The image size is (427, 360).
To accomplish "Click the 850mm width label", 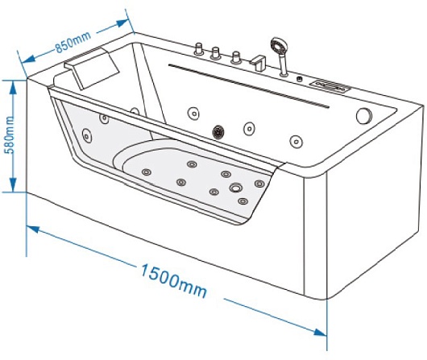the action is pyautogui.click(x=73, y=42).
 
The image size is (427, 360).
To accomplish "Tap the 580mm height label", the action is pyautogui.click(x=10, y=135).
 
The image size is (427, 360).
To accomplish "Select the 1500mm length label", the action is pyautogui.click(x=173, y=280).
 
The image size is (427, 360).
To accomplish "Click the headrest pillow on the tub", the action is pyautogui.click(x=92, y=68).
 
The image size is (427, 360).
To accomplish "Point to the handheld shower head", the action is pyautogui.click(x=278, y=46).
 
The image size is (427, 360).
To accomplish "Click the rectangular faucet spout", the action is pyautogui.click(x=258, y=63).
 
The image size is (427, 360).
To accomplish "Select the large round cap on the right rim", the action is pyautogui.click(x=364, y=116).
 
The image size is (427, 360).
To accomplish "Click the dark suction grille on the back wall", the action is pyautogui.click(x=218, y=132).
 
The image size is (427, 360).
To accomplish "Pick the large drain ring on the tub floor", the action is pyautogui.click(x=235, y=188).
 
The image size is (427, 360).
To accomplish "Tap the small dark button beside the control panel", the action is pyautogui.click(x=300, y=79).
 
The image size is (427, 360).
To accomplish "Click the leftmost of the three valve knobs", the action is pyautogui.click(x=199, y=48).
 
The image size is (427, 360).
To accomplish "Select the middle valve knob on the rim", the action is pyautogui.click(x=215, y=53).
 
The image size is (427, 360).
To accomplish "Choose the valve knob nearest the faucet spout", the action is pyautogui.click(x=236, y=58).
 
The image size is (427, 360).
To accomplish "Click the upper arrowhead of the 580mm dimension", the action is pyautogui.click(x=13, y=88).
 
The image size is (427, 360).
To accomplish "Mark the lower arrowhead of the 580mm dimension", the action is pyautogui.click(x=13, y=185).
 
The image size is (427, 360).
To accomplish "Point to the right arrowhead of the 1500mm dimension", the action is pyautogui.click(x=320, y=333).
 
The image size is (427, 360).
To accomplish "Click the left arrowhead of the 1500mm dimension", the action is pyautogui.click(x=34, y=229).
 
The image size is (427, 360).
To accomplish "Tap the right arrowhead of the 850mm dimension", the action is pyautogui.click(x=122, y=23).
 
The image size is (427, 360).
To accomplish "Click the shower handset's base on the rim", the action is pyautogui.click(x=284, y=73).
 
